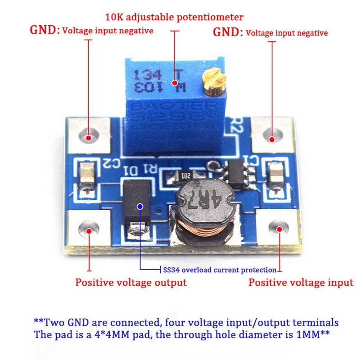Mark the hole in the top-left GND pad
coord(89,137)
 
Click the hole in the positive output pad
coord(89,231)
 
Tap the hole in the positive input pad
coord(278,229)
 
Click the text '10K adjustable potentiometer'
coord(174,18)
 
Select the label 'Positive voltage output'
coord(130,283)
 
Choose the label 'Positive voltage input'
coord(301,283)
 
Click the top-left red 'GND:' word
coord(45,31)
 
